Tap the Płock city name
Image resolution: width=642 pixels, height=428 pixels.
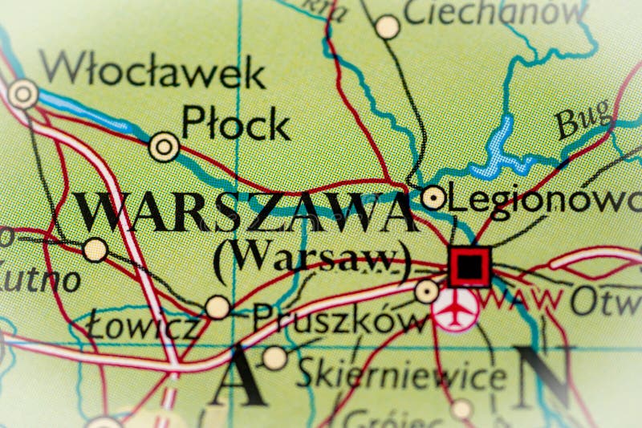click(235, 124)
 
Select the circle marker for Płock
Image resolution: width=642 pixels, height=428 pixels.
click(165, 146)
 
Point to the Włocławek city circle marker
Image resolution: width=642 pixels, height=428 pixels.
click(22, 94)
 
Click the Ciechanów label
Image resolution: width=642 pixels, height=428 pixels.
click(494, 11)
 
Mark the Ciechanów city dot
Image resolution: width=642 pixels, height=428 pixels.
click(388, 27)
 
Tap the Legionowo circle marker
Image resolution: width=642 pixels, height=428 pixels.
click(433, 197)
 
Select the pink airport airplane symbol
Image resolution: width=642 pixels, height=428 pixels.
click(455, 309)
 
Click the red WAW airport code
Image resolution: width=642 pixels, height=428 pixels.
click(522, 301)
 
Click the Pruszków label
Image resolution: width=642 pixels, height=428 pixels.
click(341, 320)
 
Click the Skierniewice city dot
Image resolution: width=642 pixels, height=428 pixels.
click(275, 357)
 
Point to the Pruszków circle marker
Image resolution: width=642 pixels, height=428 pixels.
click(427, 291)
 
